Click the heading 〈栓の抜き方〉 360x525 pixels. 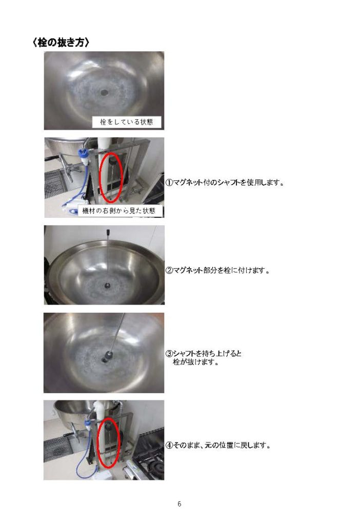click(61, 43)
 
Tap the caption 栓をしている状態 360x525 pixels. click(127, 122)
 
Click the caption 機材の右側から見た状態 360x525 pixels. click(119, 211)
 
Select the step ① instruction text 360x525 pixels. click(225, 183)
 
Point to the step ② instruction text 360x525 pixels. click(217, 270)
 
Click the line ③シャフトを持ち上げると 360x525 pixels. click(204, 354)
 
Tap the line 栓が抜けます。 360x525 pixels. click(195, 362)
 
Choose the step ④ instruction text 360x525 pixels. click(217, 445)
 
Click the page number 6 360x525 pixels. click(179, 503)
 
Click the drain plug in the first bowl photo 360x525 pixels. click(104, 91)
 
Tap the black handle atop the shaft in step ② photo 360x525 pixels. click(108, 232)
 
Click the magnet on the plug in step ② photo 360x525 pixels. click(108, 286)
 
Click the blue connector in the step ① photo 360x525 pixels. click(84, 155)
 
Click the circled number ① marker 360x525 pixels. click(169, 183)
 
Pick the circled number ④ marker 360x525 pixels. click(169, 446)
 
